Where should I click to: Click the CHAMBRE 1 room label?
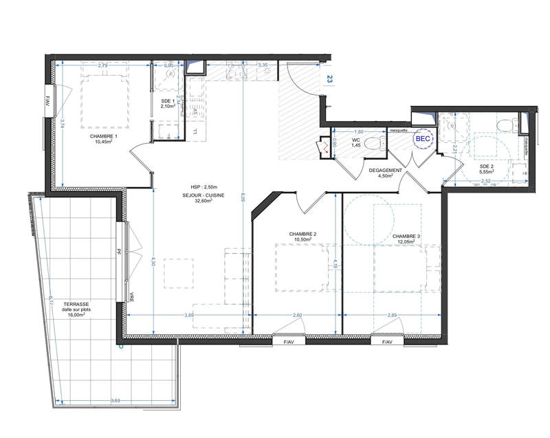click(x=104, y=137)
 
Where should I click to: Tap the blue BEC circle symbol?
click(x=421, y=139)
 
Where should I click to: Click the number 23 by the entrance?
click(x=330, y=79)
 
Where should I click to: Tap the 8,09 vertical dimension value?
click(x=244, y=199)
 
